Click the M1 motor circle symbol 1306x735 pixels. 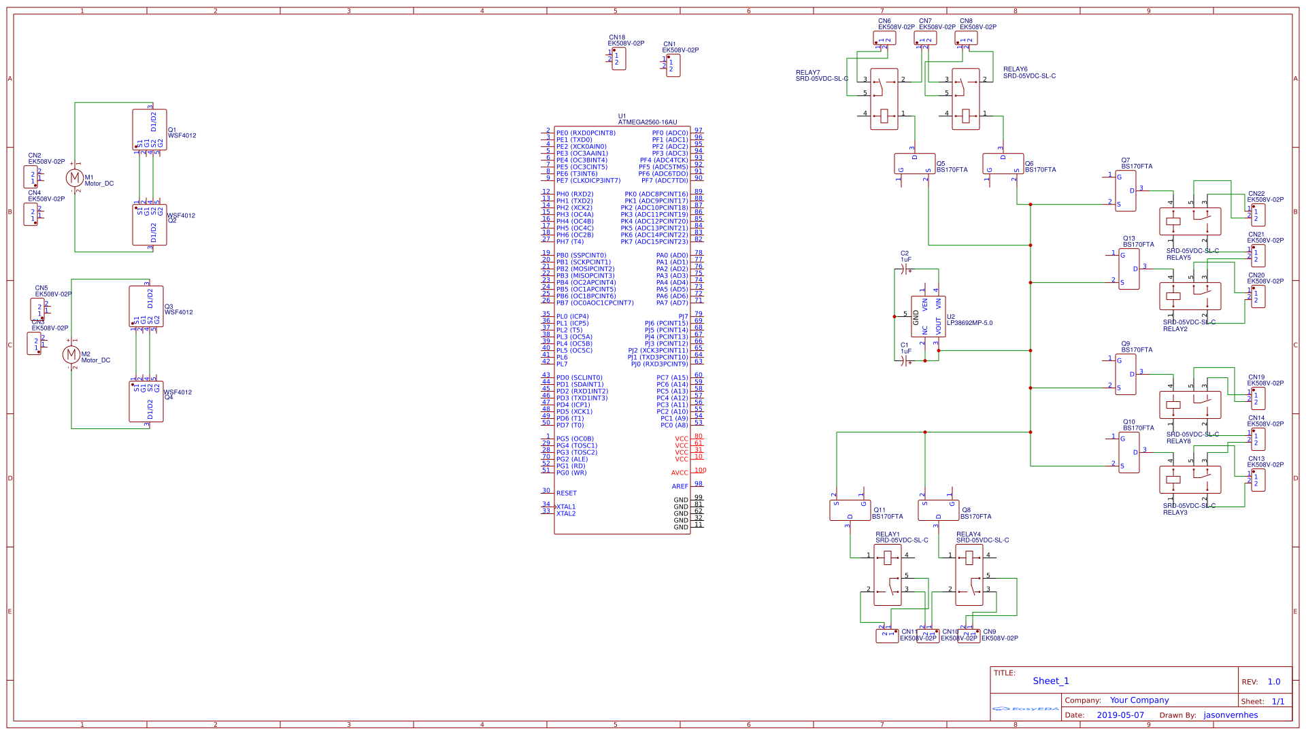(74, 178)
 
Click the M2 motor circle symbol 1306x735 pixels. (71, 354)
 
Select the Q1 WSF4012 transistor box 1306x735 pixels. (150, 129)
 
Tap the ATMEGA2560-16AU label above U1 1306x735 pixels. (647, 122)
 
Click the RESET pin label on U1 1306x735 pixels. (566, 494)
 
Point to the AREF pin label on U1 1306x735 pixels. (680, 487)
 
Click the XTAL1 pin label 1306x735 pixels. (566, 507)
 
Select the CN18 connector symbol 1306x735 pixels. (618, 58)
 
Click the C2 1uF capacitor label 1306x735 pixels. (905, 256)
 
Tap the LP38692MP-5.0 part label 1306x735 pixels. (969, 324)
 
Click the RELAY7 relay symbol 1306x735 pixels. (884, 99)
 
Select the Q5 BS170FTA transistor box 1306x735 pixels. (914, 164)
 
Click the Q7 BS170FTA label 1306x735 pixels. (1137, 167)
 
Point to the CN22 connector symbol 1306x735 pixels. (1258, 215)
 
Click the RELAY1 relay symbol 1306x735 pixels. (887, 575)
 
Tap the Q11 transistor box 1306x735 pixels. (850, 511)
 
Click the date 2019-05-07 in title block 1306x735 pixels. (1120, 715)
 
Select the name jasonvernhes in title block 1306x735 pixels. (1230, 715)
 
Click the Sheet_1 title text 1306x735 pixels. (1050, 681)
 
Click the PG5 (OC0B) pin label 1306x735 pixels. (575, 439)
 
